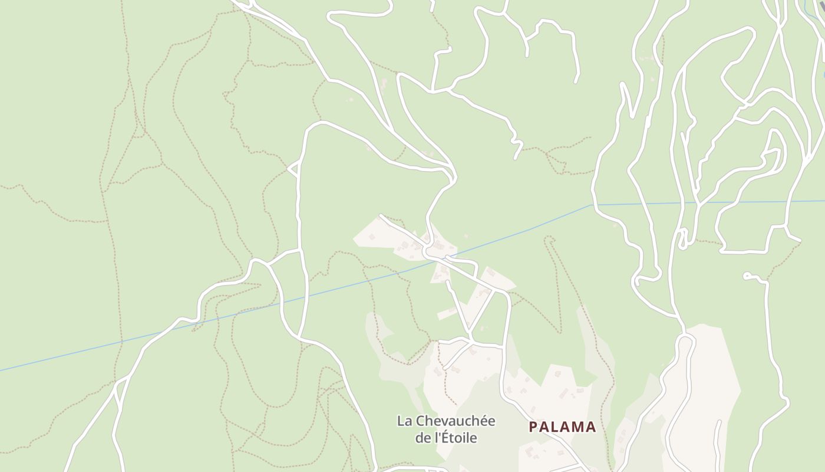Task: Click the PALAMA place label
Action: pos(562,427)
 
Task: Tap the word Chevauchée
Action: pos(456,421)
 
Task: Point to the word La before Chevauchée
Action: pos(404,421)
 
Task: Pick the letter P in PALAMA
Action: pos(533,427)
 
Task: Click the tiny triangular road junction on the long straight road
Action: pos(293,169)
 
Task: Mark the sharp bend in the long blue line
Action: pos(592,205)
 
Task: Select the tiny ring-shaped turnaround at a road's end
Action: pos(747,276)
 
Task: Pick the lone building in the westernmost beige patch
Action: pos(372,237)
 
